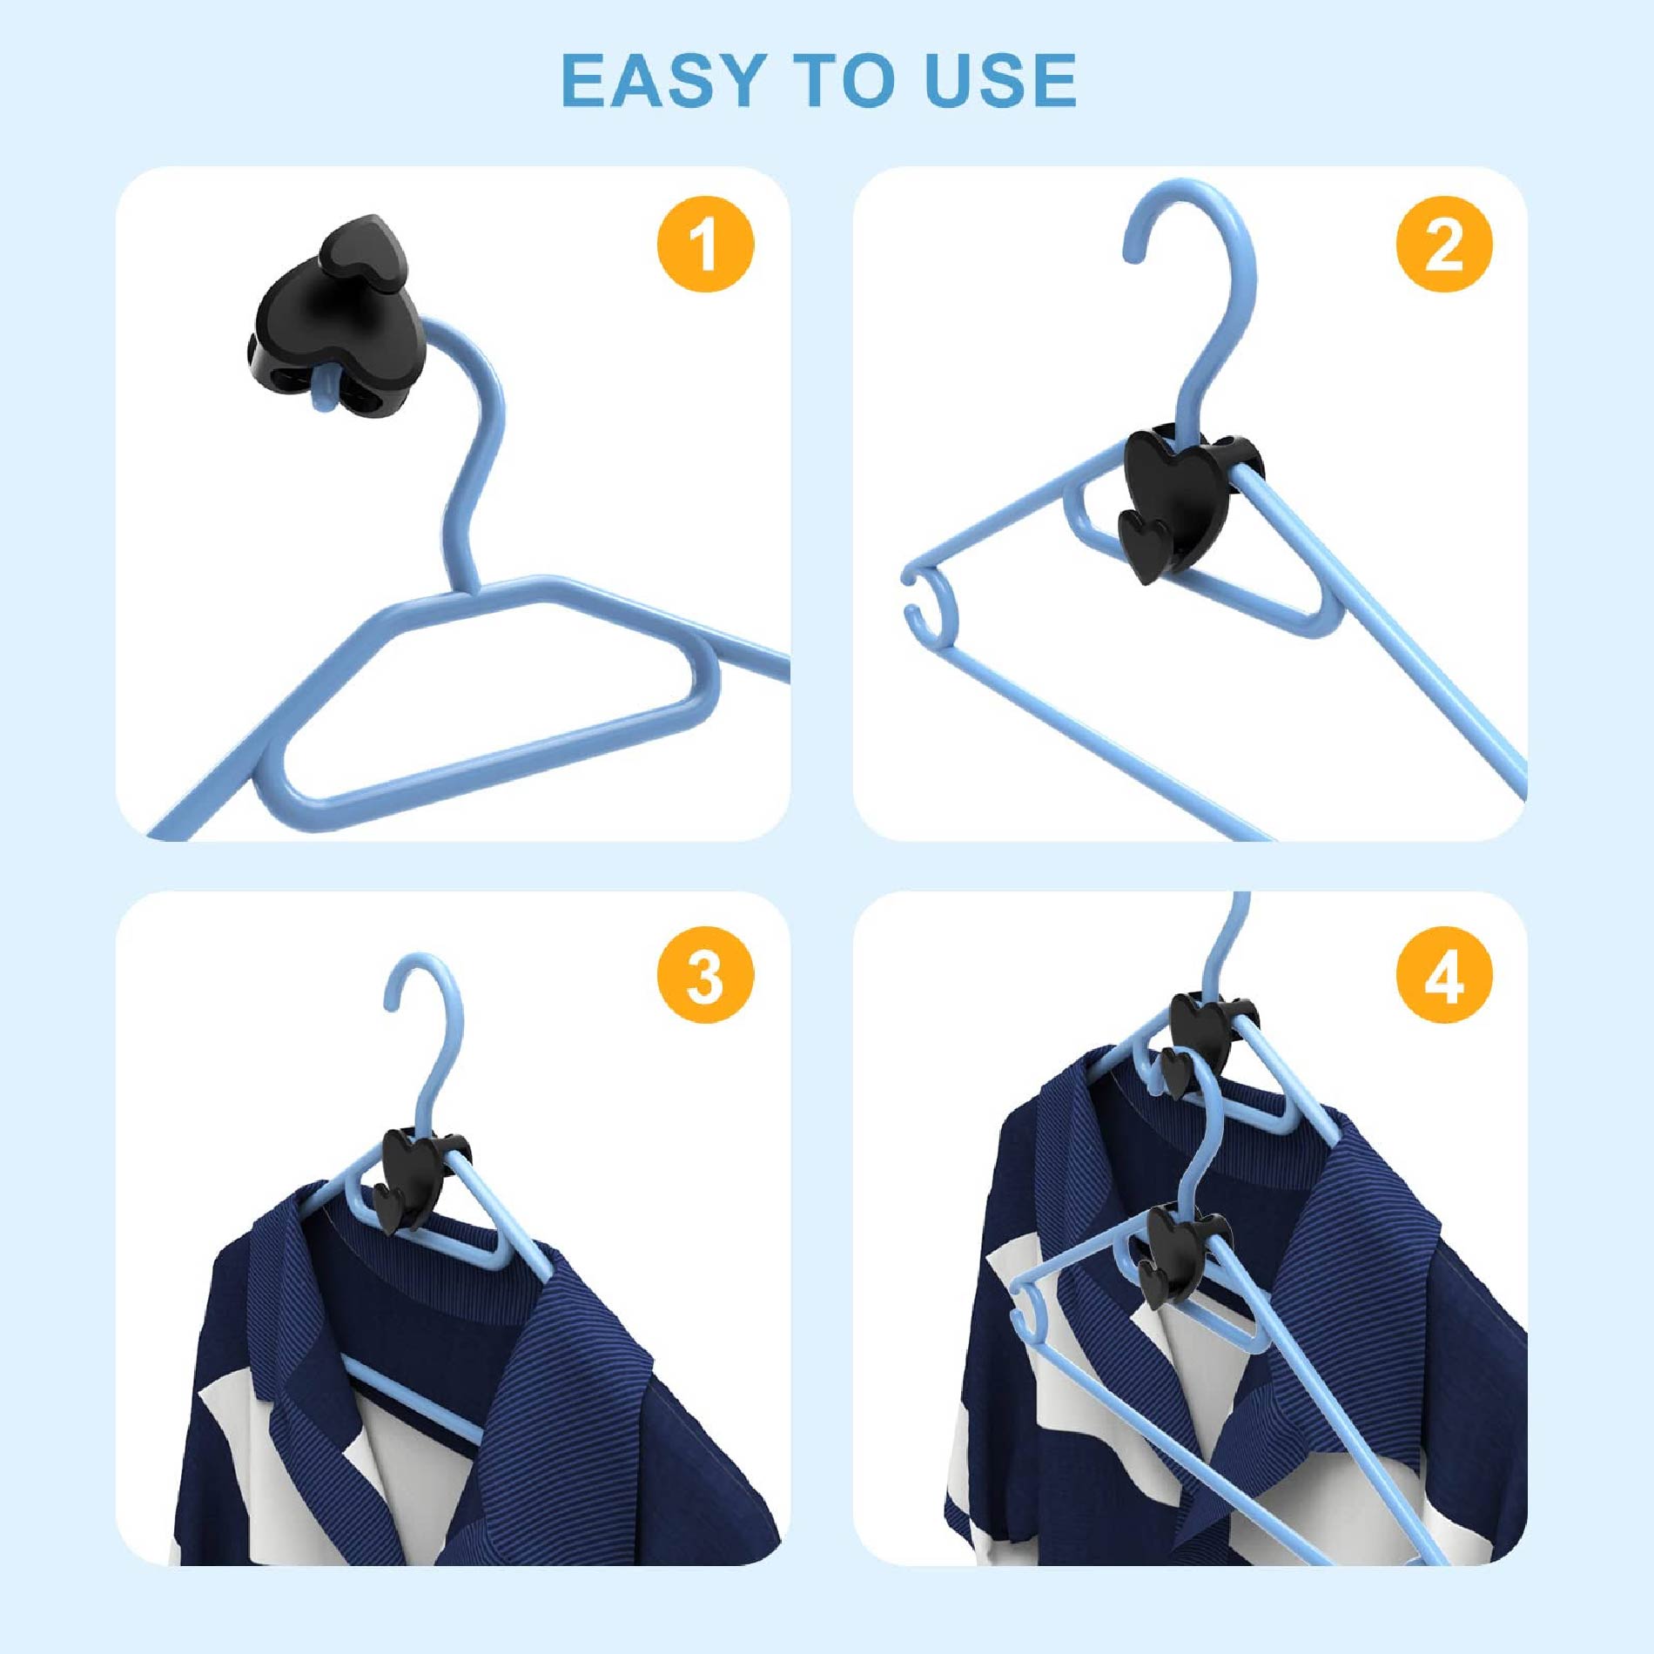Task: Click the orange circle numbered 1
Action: (x=705, y=244)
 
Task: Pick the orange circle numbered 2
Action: (x=1444, y=244)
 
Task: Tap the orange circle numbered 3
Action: (x=705, y=976)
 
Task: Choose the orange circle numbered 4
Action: (x=1444, y=976)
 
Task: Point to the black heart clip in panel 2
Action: (x=1180, y=496)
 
